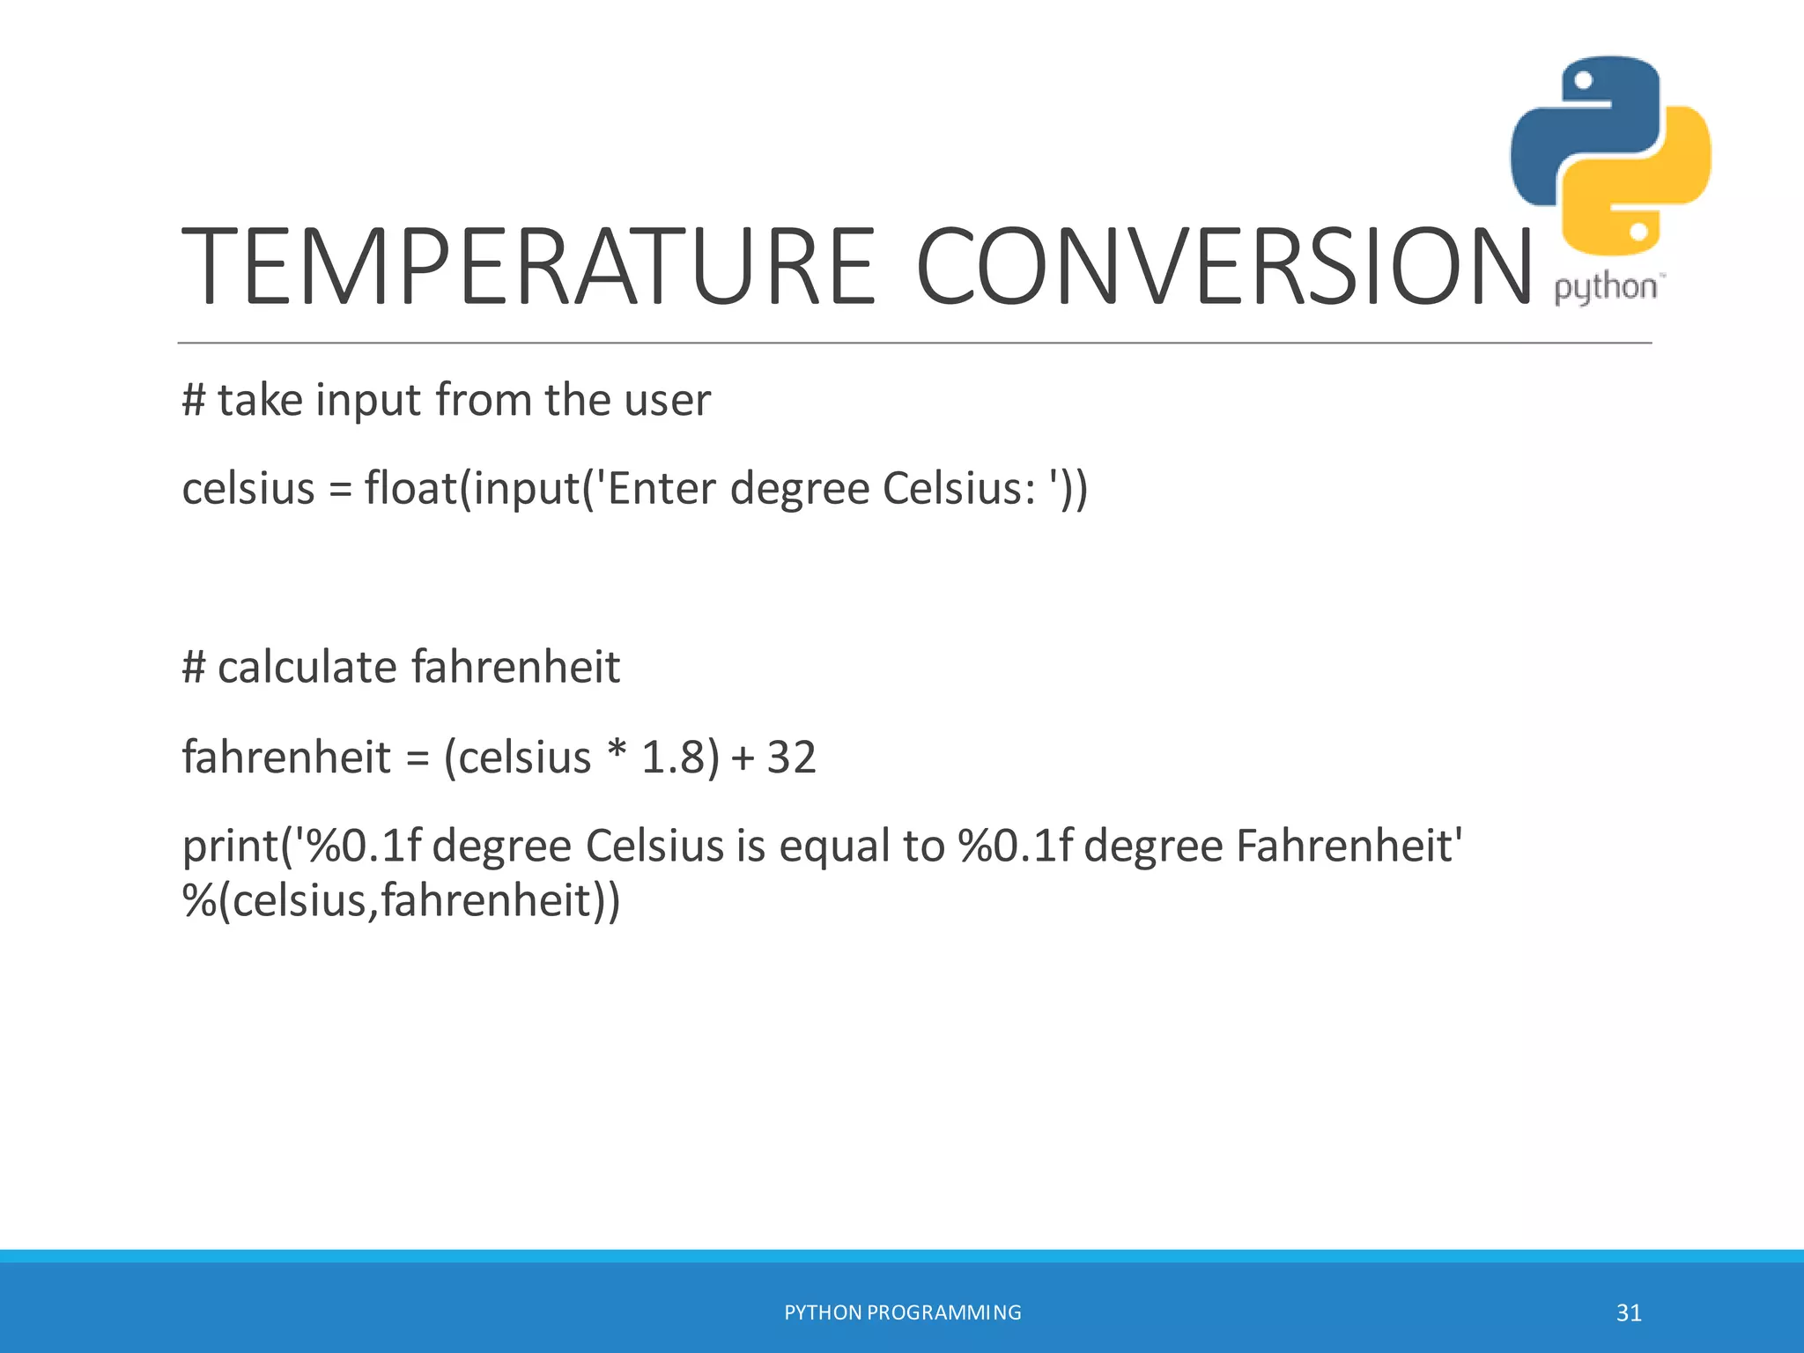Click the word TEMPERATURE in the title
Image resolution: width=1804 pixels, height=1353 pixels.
tap(529, 266)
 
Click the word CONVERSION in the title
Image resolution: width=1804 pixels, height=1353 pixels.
tap(1224, 266)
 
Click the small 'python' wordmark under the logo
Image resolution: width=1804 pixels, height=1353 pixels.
tap(1605, 288)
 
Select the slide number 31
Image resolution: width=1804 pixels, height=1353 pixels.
tap(1629, 1312)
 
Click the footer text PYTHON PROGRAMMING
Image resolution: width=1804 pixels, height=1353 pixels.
tap(903, 1312)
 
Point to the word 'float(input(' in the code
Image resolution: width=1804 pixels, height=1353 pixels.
tap(472, 488)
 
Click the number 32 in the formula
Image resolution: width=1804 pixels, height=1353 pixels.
tap(791, 757)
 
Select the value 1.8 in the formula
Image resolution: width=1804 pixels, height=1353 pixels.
tap(673, 757)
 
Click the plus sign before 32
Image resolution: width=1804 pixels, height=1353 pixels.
tap(743, 758)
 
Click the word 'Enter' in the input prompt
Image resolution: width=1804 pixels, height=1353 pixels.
tap(661, 488)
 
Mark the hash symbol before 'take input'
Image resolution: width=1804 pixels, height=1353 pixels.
tap(193, 400)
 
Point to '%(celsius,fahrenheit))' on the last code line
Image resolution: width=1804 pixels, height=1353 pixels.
tap(402, 900)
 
